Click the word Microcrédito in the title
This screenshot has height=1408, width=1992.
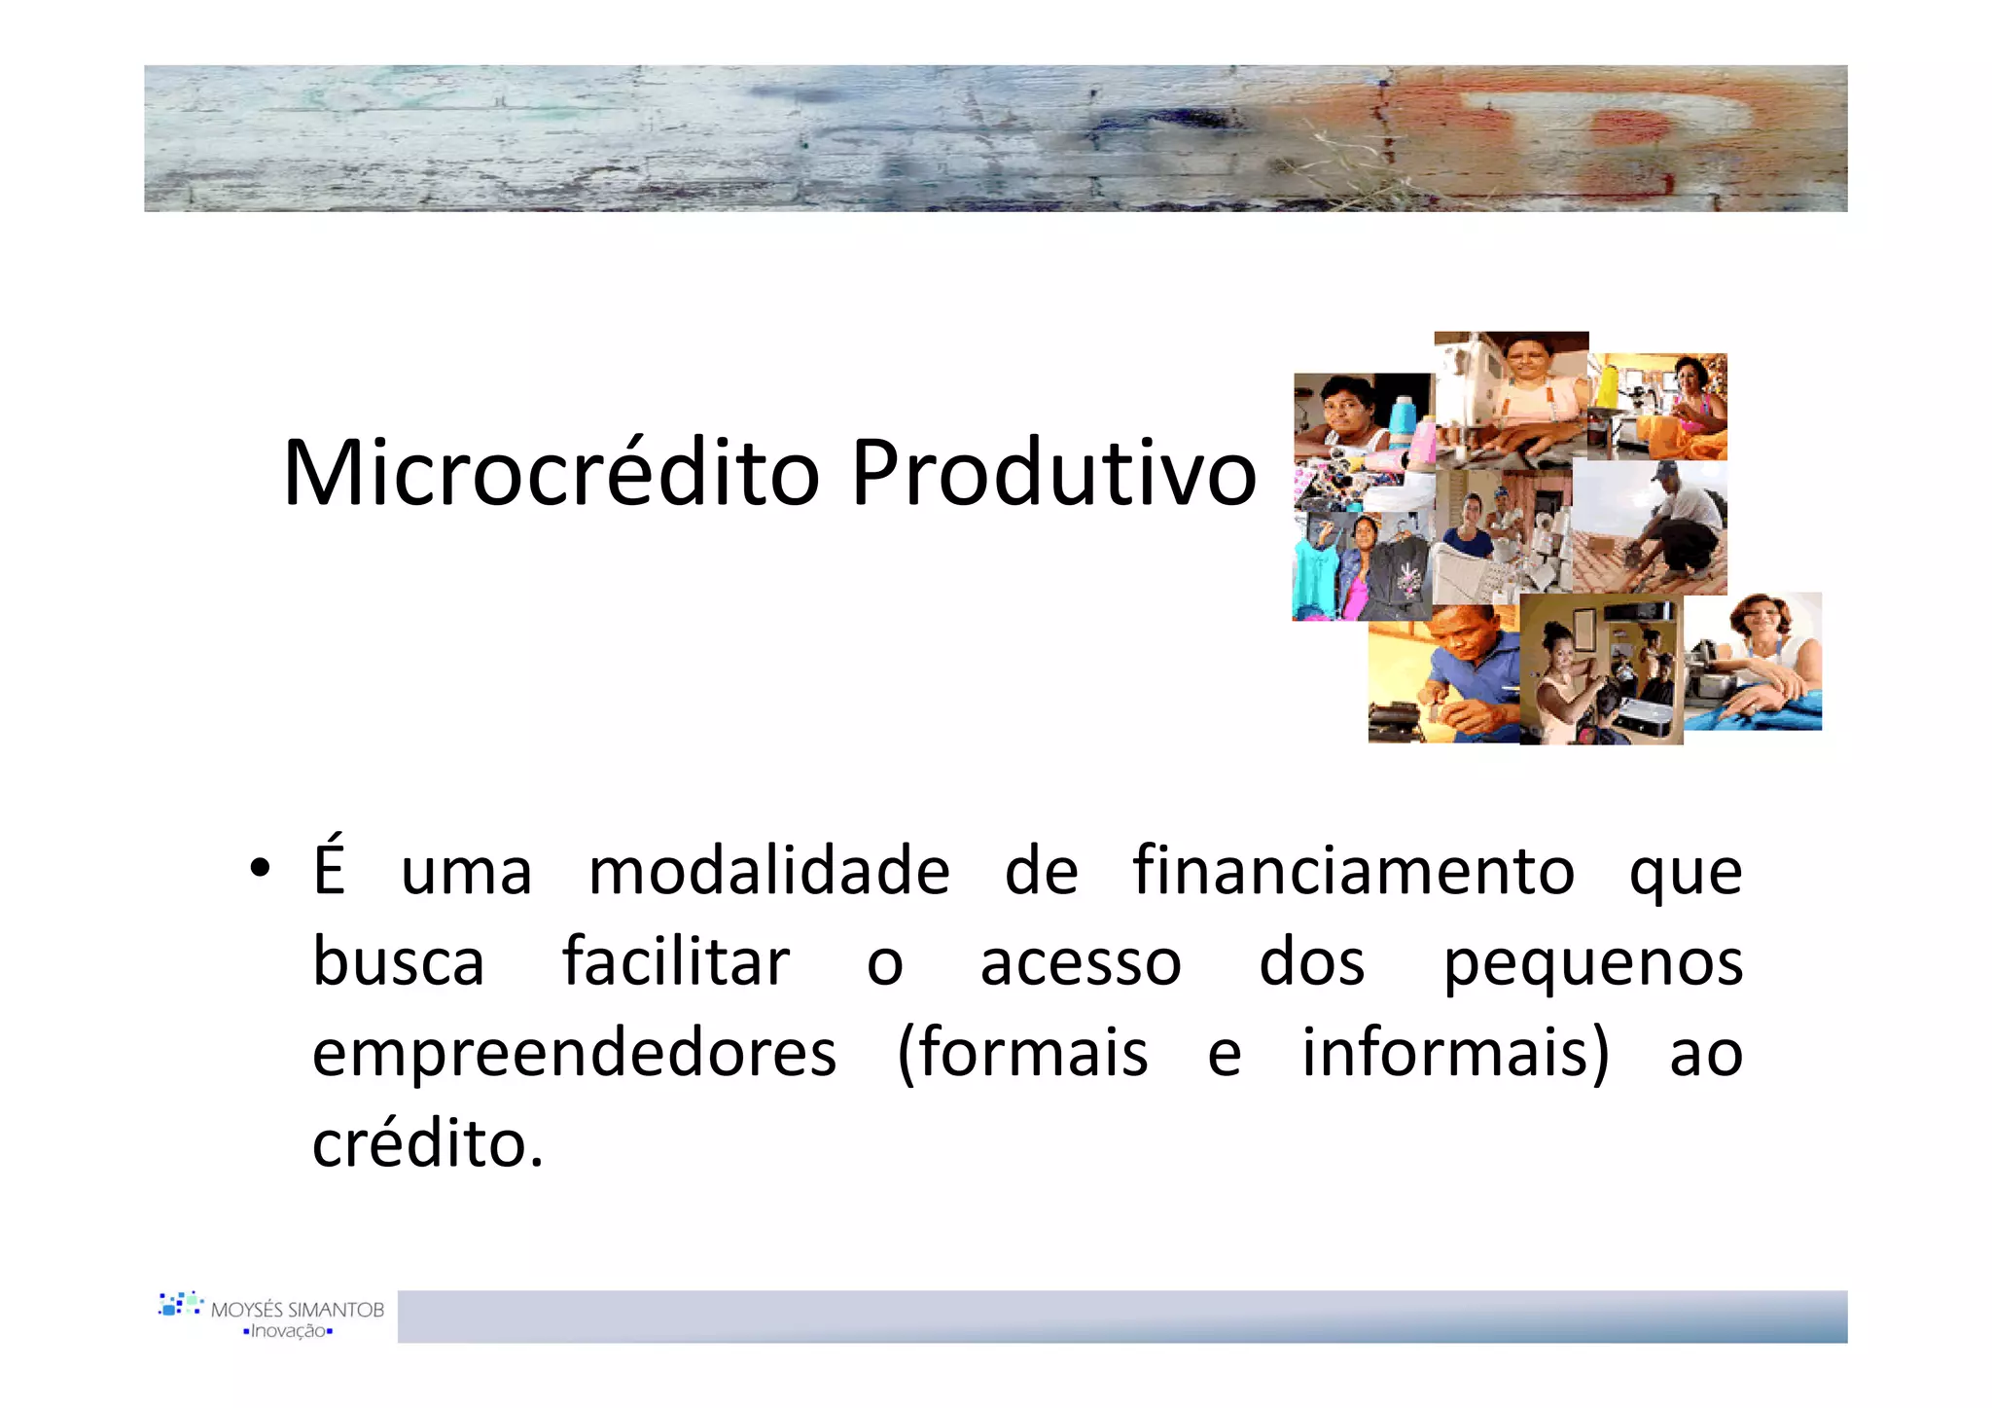point(551,474)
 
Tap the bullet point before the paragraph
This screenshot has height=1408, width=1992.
point(259,868)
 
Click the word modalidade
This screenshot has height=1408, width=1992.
point(768,870)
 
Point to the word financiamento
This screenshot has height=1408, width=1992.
point(1353,870)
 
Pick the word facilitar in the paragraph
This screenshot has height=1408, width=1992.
point(676,962)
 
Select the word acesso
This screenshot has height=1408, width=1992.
point(1080,963)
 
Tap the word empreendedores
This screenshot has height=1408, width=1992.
point(574,1054)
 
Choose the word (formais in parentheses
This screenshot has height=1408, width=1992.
point(1022,1054)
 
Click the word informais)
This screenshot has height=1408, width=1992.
point(1456,1054)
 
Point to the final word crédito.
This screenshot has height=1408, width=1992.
point(427,1144)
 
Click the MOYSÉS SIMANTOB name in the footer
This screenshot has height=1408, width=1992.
point(298,1310)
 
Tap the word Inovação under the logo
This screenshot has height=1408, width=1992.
point(288,1331)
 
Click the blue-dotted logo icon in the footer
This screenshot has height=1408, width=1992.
point(181,1304)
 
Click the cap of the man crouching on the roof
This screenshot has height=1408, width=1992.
point(1664,472)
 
